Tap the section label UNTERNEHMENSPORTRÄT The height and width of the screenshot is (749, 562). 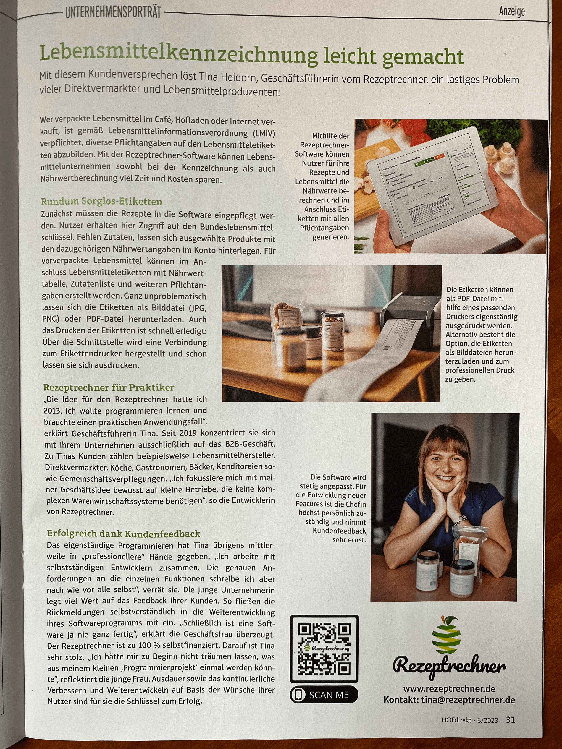pyautogui.click(x=113, y=13)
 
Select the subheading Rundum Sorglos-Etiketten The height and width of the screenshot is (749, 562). pyautogui.click(x=102, y=202)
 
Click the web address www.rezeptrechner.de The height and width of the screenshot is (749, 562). pyautogui.click(x=449, y=689)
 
